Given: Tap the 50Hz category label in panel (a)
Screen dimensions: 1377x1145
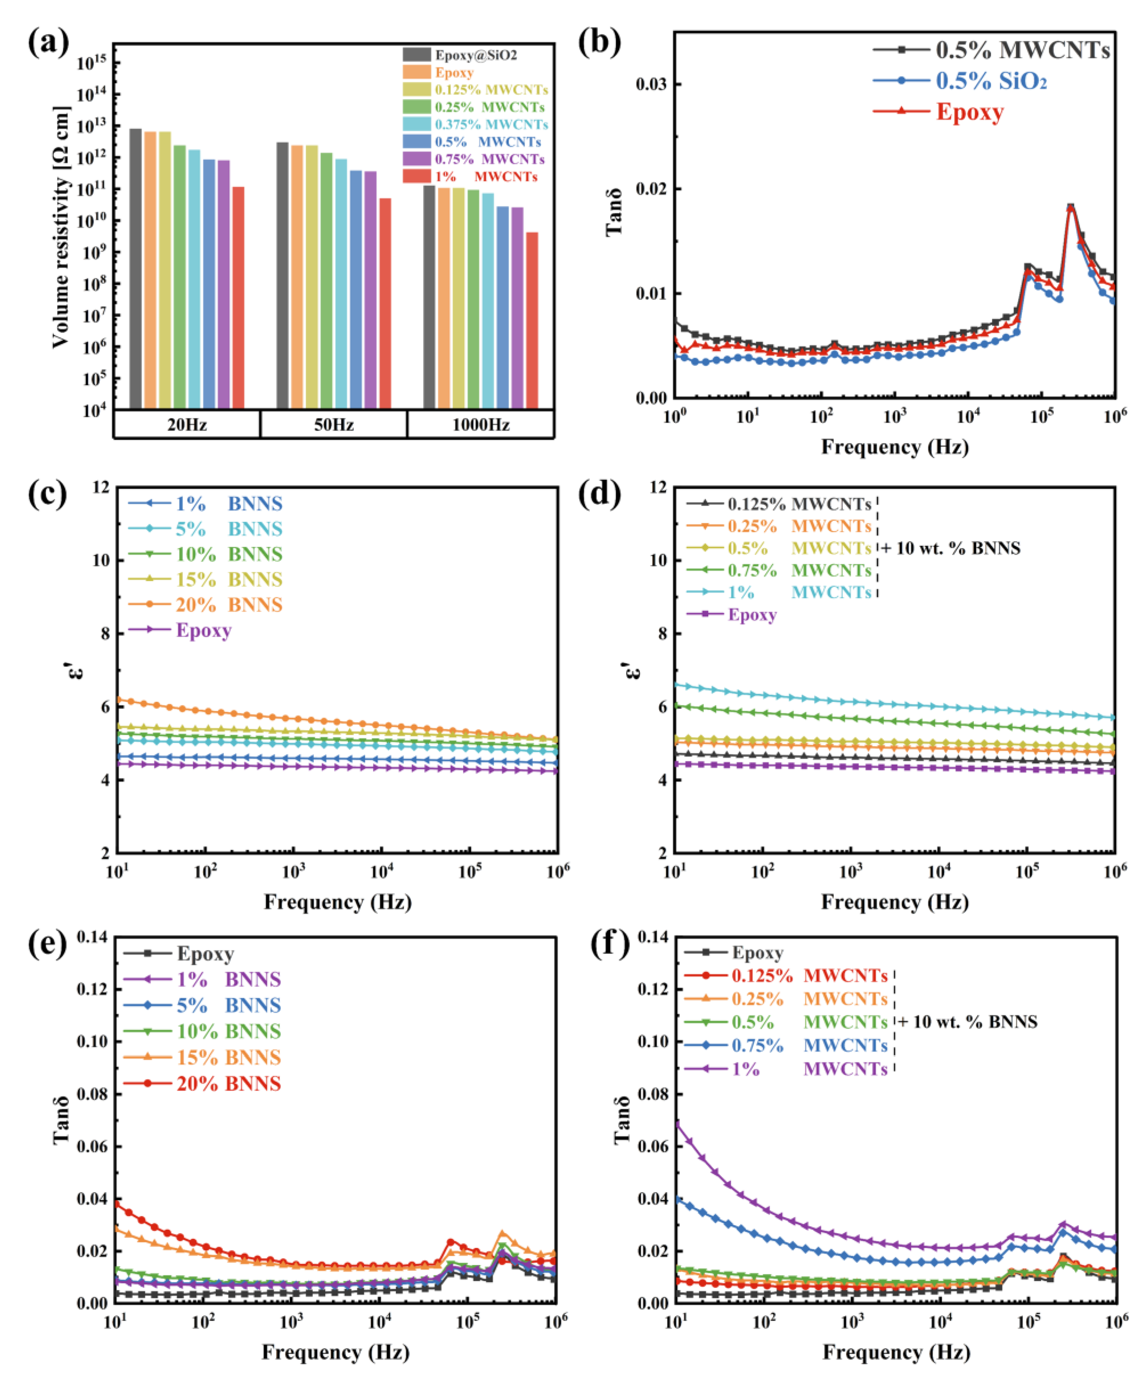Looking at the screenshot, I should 334,425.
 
